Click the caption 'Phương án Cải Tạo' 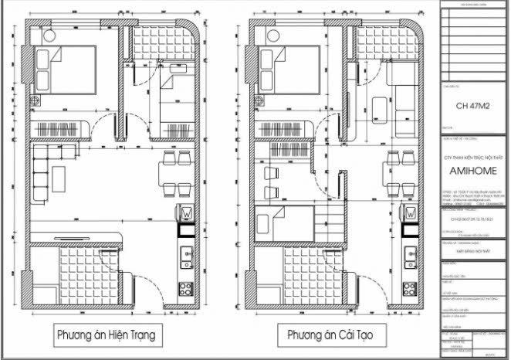(x=326, y=336)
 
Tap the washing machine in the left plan (x=186, y=212)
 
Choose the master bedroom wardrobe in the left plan (x=67, y=127)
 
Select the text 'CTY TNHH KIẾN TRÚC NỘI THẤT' (x=474, y=157)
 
